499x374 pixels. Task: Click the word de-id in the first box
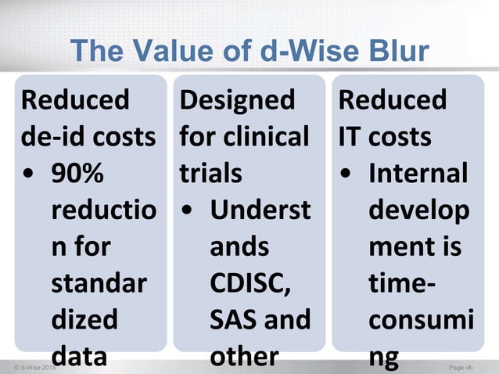click(x=48, y=137)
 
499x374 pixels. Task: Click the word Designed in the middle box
click(x=238, y=100)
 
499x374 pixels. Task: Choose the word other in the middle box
click(x=244, y=357)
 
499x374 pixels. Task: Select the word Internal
click(x=418, y=174)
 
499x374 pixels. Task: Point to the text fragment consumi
click(x=415, y=319)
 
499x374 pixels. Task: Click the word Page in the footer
click(x=458, y=366)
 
